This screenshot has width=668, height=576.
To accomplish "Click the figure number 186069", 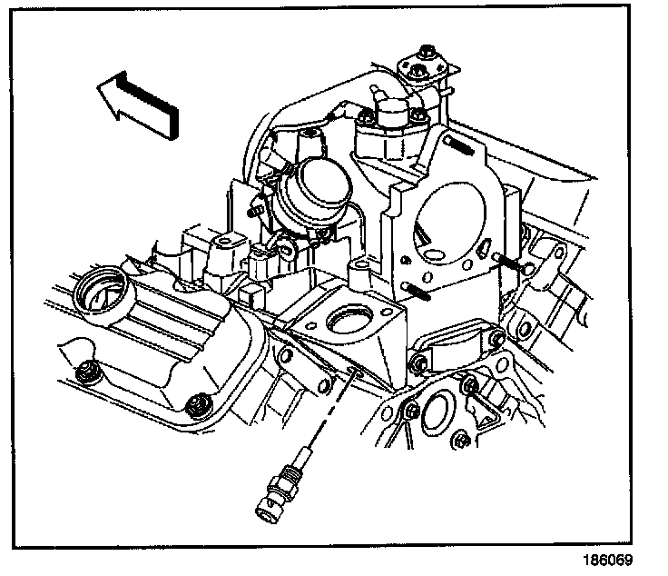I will [x=611, y=560].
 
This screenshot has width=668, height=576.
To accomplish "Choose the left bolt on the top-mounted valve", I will [x=366, y=117].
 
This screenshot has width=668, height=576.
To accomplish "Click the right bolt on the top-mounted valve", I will [x=418, y=115].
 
